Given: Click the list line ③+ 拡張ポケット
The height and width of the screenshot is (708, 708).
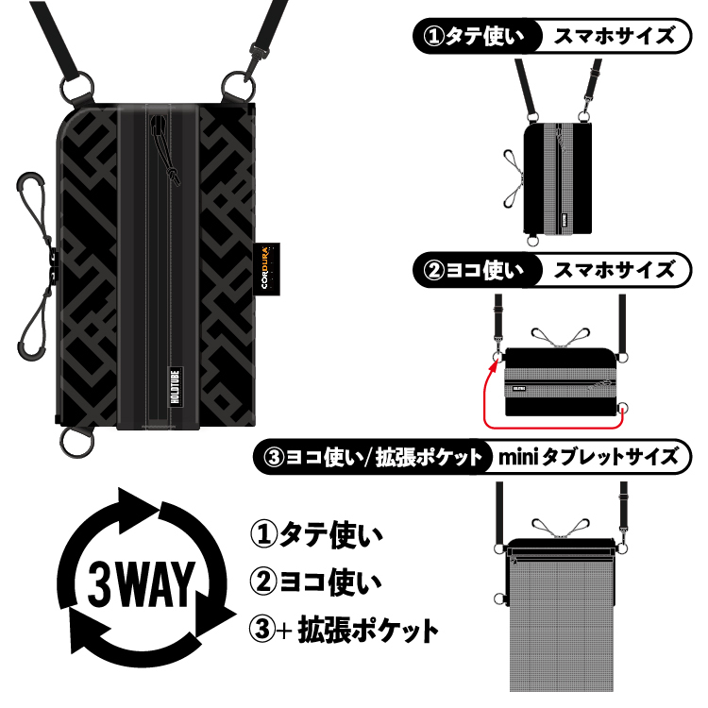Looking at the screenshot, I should (345, 628).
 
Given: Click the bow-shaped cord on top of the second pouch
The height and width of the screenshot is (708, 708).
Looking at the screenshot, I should (558, 338).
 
